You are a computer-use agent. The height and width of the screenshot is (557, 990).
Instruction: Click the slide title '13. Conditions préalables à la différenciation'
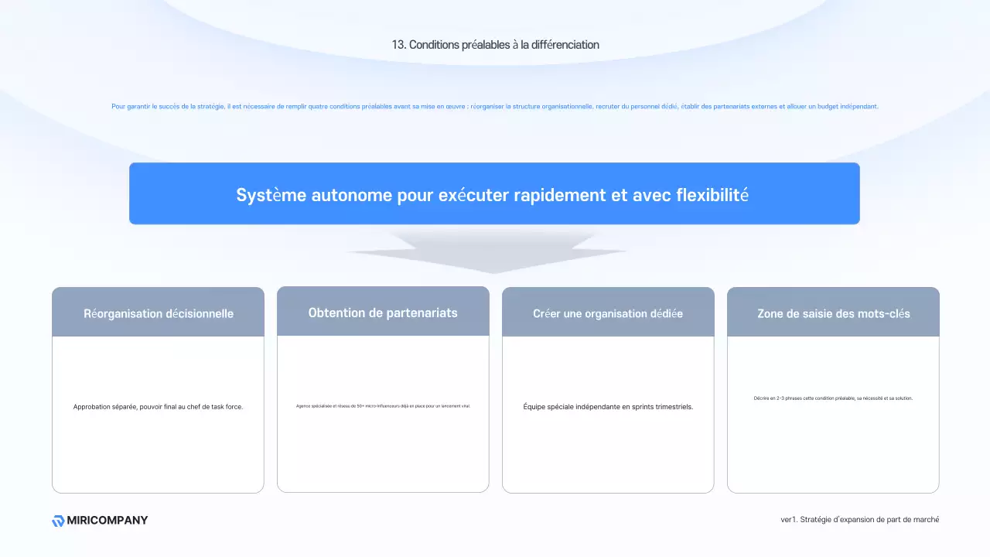tap(495, 45)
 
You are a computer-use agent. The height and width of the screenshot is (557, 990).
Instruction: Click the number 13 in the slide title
tap(398, 45)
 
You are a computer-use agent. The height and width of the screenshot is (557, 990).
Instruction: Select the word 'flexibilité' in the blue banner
tap(712, 195)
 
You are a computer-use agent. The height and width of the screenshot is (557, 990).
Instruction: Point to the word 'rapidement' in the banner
tap(560, 195)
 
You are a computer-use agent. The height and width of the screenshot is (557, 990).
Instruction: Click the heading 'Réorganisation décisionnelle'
tap(159, 313)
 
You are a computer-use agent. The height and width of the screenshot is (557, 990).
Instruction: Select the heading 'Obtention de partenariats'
tap(383, 313)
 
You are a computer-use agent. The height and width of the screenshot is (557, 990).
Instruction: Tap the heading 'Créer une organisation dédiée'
tap(608, 313)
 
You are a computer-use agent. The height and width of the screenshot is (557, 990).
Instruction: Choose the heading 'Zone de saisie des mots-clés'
tap(833, 313)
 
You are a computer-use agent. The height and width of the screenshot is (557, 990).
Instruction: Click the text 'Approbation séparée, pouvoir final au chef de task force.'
tap(158, 407)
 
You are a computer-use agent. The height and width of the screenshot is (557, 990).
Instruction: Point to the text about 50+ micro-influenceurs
tap(383, 405)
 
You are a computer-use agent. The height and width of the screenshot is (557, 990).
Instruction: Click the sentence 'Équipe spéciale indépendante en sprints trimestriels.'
tap(608, 407)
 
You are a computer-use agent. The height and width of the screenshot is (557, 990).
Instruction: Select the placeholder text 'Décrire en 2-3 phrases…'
tap(833, 398)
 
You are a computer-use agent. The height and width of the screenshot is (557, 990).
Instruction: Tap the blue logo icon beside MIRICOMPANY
tap(58, 521)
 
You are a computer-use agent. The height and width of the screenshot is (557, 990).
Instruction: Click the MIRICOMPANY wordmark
tap(108, 521)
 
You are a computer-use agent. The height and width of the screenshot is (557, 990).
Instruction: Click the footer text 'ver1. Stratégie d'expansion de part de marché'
tap(860, 520)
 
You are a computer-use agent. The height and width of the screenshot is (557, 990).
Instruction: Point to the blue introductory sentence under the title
tap(495, 107)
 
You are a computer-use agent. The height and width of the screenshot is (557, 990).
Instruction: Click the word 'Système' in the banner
tap(271, 195)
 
